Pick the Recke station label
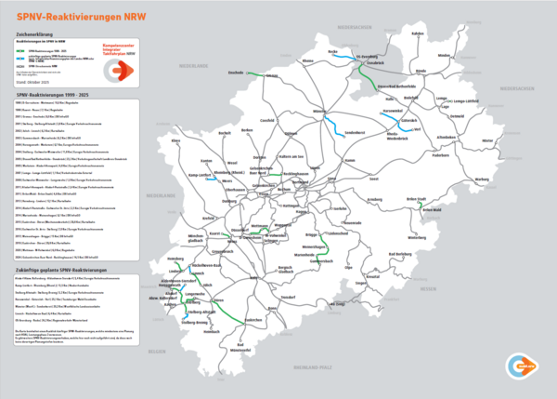coord(333,52)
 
